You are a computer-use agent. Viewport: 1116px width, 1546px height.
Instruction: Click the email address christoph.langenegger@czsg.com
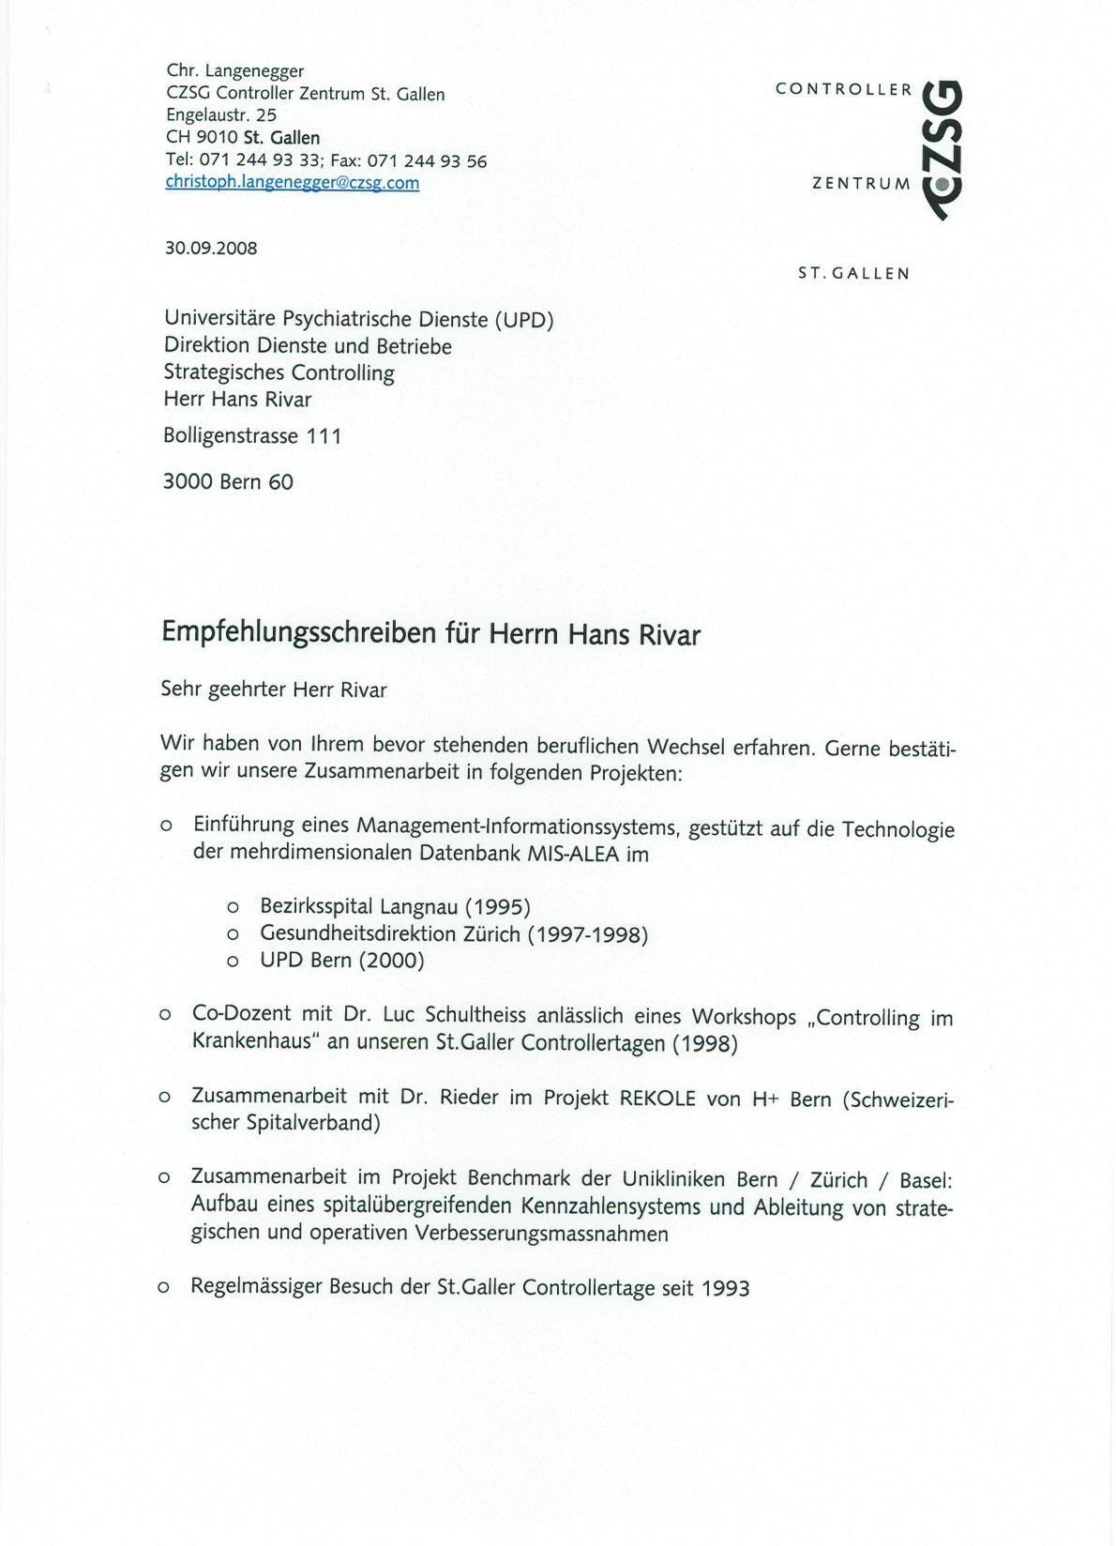292,183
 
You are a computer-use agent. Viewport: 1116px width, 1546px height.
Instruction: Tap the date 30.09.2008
211,249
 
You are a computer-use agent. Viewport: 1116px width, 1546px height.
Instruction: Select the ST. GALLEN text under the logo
853,274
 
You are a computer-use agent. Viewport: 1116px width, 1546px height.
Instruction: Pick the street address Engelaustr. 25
221,115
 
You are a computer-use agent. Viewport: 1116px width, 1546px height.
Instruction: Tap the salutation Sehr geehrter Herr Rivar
274,690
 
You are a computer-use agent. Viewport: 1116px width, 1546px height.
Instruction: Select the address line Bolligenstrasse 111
252,436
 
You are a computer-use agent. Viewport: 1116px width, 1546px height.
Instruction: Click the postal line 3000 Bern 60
228,482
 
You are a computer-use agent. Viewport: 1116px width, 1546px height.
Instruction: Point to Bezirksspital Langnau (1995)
395,907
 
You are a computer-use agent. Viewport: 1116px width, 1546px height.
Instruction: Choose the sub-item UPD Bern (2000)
341,961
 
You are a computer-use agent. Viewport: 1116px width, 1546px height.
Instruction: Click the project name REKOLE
657,1098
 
